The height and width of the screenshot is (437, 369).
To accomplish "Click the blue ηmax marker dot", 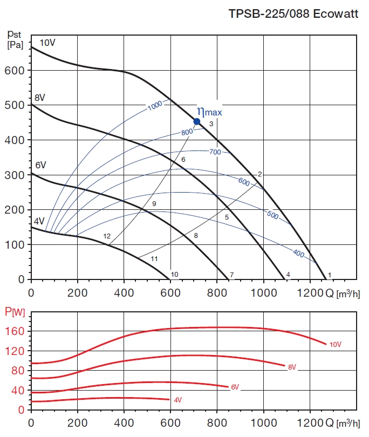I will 197,121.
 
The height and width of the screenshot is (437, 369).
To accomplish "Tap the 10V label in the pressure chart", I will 47,43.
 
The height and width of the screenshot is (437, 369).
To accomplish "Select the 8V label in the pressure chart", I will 39,98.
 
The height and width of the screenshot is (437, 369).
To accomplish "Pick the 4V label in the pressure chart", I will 39,221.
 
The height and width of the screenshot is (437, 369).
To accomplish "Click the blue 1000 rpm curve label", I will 155,106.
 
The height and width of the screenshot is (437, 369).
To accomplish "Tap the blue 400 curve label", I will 298,252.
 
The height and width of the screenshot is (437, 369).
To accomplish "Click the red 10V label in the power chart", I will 336,344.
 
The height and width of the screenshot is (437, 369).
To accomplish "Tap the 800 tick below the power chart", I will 217,422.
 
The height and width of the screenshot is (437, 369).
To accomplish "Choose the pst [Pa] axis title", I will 15,40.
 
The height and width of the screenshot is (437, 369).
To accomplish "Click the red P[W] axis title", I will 15,311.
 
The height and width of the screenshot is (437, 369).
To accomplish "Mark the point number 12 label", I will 107,236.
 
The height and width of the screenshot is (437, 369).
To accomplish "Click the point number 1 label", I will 329,275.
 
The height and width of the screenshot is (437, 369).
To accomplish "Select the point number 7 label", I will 231,275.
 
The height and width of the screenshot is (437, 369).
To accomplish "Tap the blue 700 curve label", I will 215,152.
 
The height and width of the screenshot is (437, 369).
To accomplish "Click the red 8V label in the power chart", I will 292,367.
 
